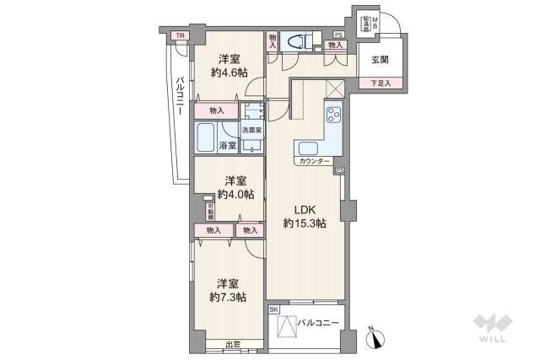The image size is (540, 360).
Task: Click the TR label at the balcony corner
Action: (x=179, y=35)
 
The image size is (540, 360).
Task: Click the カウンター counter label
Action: (x=314, y=160)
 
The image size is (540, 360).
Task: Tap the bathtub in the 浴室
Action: (x=206, y=135)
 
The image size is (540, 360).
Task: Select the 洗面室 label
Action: (x=251, y=131)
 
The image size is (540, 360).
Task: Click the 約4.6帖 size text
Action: (x=226, y=73)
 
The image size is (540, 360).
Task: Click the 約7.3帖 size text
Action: (x=228, y=297)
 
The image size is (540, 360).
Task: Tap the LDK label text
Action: (x=305, y=210)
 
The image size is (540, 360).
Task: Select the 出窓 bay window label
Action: (x=233, y=343)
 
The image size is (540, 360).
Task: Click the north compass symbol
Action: (x=376, y=337)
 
